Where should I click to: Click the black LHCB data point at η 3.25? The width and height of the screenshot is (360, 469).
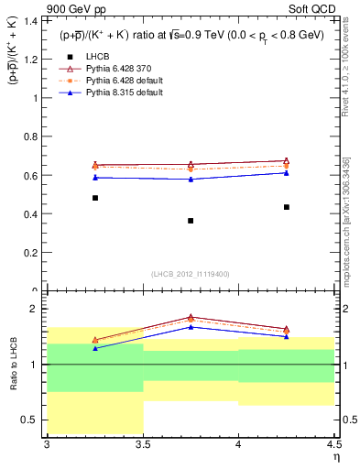pyautogui.click(x=95, y=198)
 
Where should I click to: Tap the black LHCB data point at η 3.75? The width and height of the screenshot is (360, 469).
pyautogui.click(x=191, y=221)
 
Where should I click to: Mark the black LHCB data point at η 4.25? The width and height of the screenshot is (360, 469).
pyautogui.click(x=287, y=207)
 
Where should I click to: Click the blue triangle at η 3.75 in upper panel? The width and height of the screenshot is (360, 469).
pyautogui.click(x=191, y=179)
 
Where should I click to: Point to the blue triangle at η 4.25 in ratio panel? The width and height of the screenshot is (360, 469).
pyautogui.click(x=287, y=336)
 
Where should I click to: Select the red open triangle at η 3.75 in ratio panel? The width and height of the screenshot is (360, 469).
pyautogui.click(x=191, y=317)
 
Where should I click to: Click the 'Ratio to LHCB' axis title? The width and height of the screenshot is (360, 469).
pyautogui.click(x=13, y=364)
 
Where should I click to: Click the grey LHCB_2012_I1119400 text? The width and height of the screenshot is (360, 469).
pyautogui.click(x=191, y=274)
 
